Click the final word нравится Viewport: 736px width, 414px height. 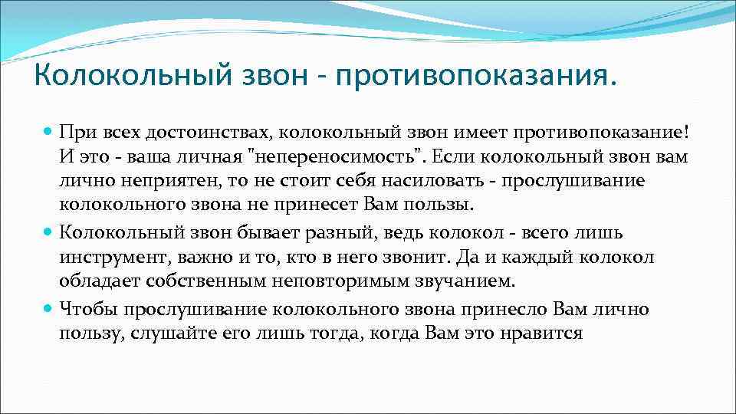pyautogui.click(x=547, y=333)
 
